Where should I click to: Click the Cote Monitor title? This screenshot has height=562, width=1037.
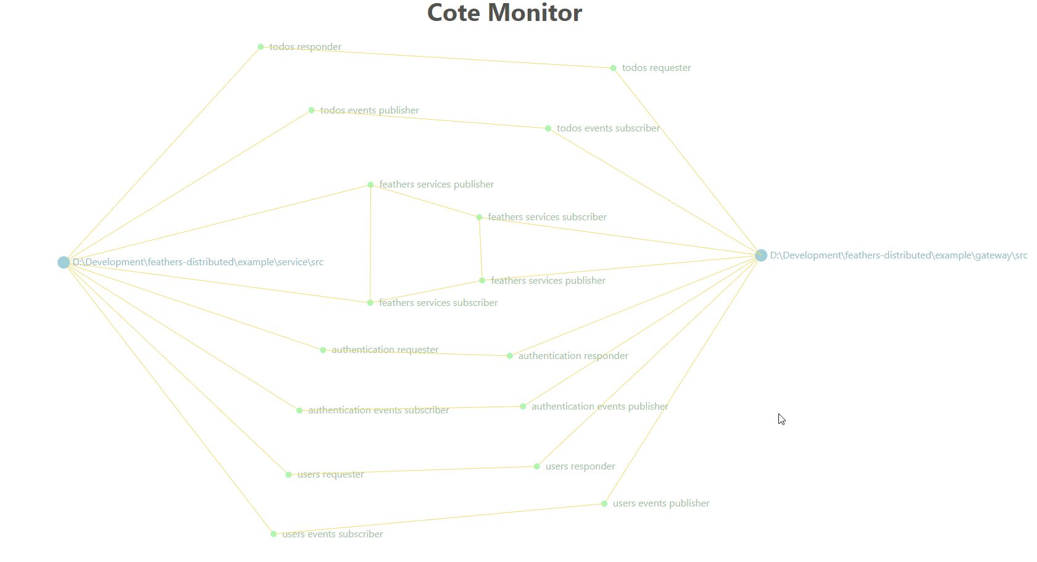click(x=504, y=13)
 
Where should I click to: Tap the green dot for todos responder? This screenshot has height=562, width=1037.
click(x=260, y=47)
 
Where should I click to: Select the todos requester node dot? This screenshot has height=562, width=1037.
click(x=613, y=68)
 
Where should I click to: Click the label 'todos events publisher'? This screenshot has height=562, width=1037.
click(x=369, y=110)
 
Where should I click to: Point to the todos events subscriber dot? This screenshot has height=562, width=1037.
click(x=548, y=128)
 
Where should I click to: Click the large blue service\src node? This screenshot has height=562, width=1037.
click(x=64, y=262)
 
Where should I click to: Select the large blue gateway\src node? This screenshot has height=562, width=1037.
click(x=760, y=255)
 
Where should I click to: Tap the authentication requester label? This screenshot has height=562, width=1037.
click(x=385, y=350)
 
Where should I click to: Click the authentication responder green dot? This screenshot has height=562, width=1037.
click(x=509, y=356)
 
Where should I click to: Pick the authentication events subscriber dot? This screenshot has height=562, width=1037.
click(x=299, y=410)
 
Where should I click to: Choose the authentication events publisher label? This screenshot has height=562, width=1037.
click(x=599, y=407)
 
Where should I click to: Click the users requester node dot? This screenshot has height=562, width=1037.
click(x=288, y=474)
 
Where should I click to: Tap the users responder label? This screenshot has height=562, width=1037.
click(x=580, y=466)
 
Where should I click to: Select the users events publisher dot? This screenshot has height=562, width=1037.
click(x=604, y=503)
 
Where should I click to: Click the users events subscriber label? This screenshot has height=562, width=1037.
click(x=332, y=534)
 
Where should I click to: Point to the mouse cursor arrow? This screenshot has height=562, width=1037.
click(x=781, y=419)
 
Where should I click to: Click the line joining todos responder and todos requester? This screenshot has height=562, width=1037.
click(x=436, y=57)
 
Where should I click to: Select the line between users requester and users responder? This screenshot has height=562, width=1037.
click(x=412, y=471)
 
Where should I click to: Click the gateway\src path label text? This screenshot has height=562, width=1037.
click(x=898, y=255)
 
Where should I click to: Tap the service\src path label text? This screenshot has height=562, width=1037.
click(x=198, y=262)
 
